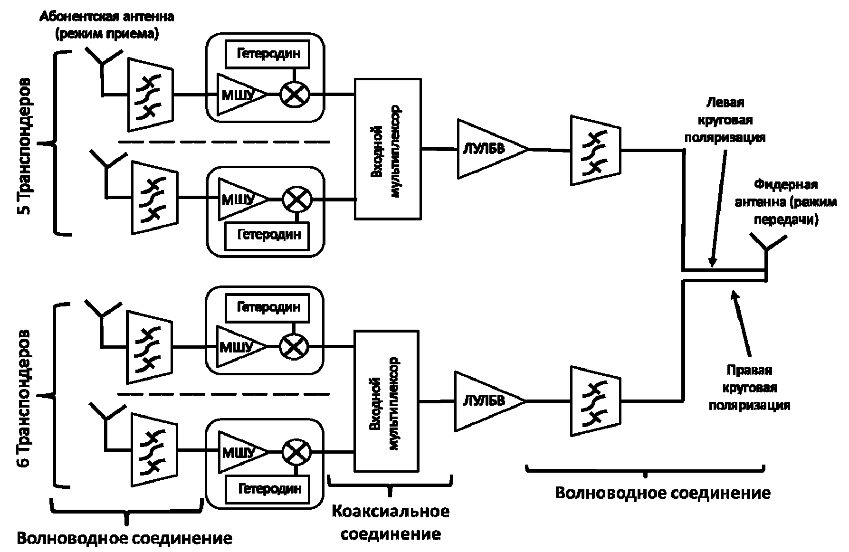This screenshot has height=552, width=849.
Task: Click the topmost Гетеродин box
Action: coord(268,53)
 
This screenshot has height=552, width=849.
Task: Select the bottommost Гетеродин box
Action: coord(269,488)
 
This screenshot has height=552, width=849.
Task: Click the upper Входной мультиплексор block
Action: coord(388,149)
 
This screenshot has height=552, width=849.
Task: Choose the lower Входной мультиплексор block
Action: coord(387,401)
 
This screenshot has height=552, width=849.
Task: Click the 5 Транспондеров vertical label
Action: coord(25,146)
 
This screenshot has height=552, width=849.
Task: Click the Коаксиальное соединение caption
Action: coord(391,523)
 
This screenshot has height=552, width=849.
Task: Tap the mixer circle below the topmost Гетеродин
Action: coord(295,94)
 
